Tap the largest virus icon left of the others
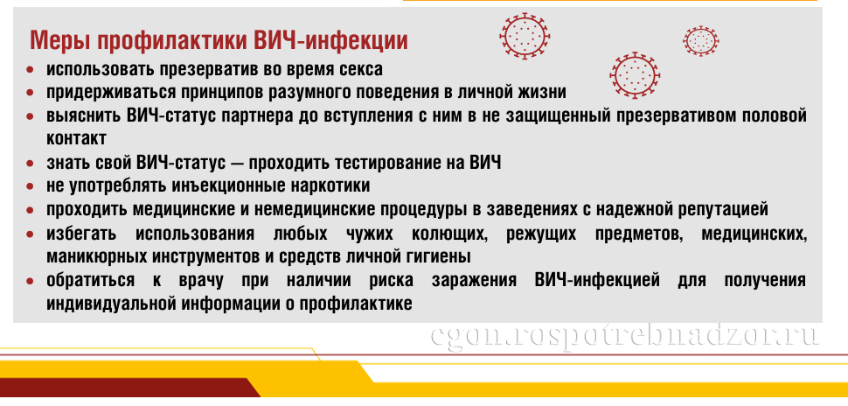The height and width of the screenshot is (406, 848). [525, 35]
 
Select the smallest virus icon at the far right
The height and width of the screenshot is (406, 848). [701, 40]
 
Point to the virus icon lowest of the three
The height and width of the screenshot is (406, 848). [635, 75]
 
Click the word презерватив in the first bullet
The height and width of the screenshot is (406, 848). [211, 69]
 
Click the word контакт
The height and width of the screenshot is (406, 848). [76, 138]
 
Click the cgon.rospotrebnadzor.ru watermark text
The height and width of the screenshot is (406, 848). [625, 336]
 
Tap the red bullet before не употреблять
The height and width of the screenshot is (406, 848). [31, 186]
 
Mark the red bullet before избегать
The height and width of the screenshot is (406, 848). [31, 234]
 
